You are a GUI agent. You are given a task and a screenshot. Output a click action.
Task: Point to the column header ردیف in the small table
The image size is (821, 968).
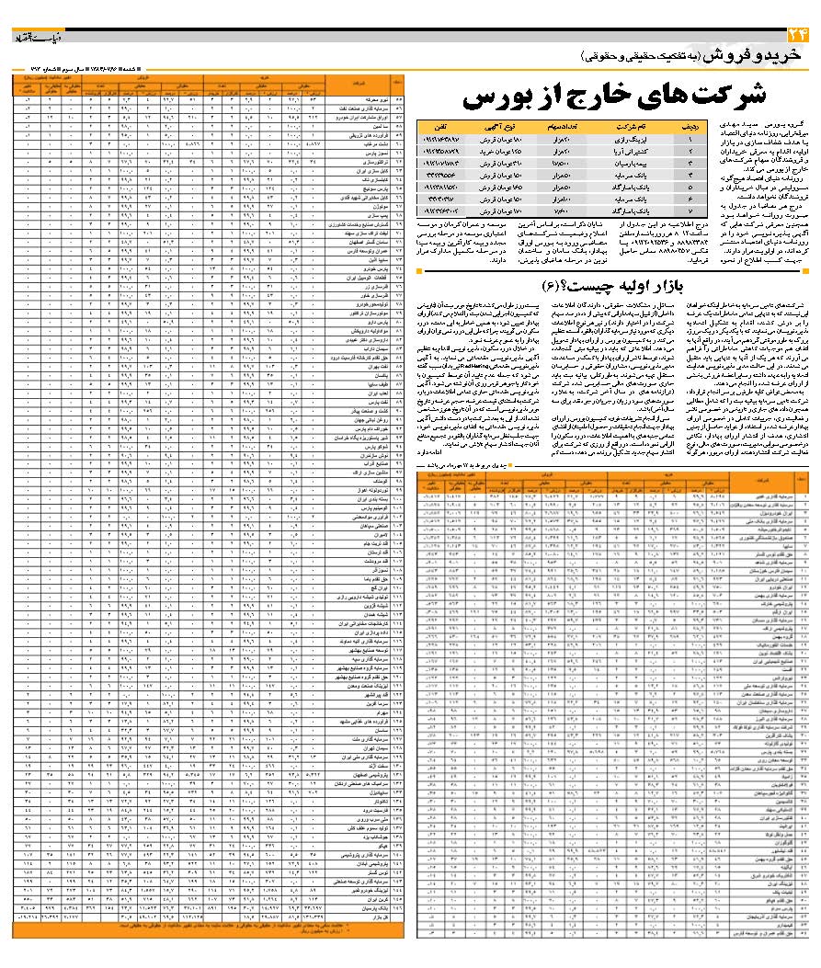(x=694, y=125)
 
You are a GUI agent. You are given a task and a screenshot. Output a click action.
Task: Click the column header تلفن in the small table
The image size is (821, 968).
(x=445, y=125)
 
